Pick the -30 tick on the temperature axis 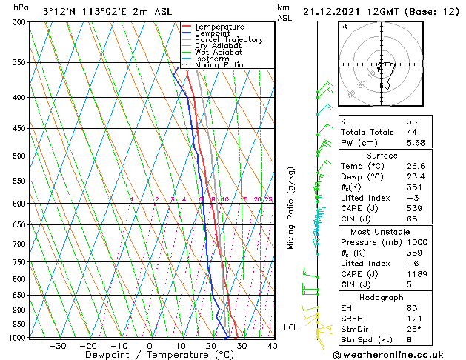tap(58, 345)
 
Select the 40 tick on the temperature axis tap(272, 345)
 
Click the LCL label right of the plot tap(293, 327)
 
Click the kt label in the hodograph tap(344, 26)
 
